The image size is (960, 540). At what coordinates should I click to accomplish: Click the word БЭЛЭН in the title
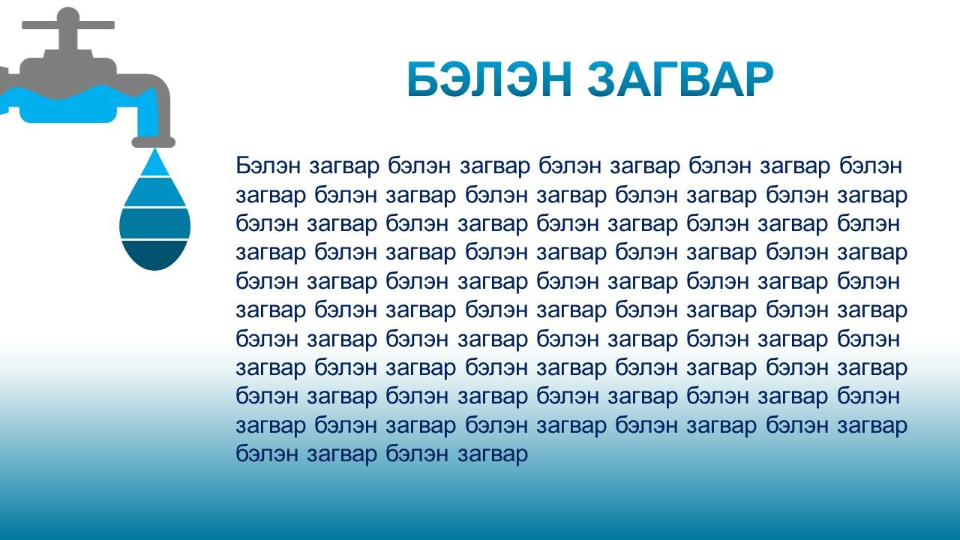490,79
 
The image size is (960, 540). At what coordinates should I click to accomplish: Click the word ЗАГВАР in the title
680,79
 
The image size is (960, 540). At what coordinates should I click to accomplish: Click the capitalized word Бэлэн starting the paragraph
268,166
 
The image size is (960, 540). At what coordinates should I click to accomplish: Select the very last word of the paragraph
493,455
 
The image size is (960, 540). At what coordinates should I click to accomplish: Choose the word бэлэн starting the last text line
266,454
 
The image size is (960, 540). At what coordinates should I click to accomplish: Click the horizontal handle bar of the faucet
68,25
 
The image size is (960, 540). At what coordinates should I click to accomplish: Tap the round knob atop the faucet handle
67,15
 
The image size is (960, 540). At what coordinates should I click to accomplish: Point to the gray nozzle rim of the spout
153,142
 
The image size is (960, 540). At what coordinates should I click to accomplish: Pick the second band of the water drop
154,192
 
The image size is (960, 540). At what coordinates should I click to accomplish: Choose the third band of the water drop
154,223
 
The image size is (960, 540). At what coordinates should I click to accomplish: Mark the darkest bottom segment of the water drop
154,253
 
